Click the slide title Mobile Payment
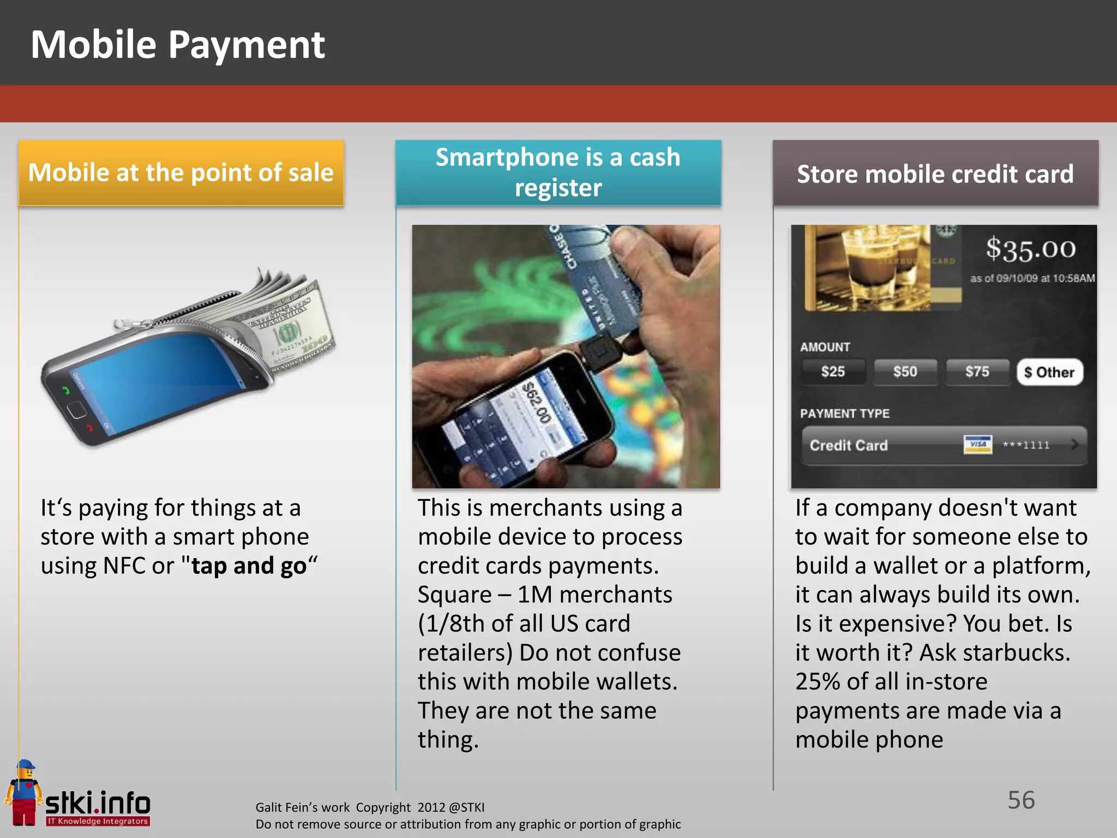coord(178,45)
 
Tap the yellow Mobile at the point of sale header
coord(181,173)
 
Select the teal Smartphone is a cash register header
coord(558,172)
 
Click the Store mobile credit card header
coord(935,174)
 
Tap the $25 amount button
coord(833,372)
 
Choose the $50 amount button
coord(905,372)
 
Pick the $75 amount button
coord(977,372)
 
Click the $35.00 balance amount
coord(1030,249)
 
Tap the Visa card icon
coord(977,445)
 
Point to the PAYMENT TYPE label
coord(844,414)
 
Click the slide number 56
coord(1021,800)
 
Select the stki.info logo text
coord(98,803)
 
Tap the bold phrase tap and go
coord(249,566)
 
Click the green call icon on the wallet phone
coord(66,390)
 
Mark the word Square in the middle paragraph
coord(454,595)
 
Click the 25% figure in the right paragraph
coord(816,682)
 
